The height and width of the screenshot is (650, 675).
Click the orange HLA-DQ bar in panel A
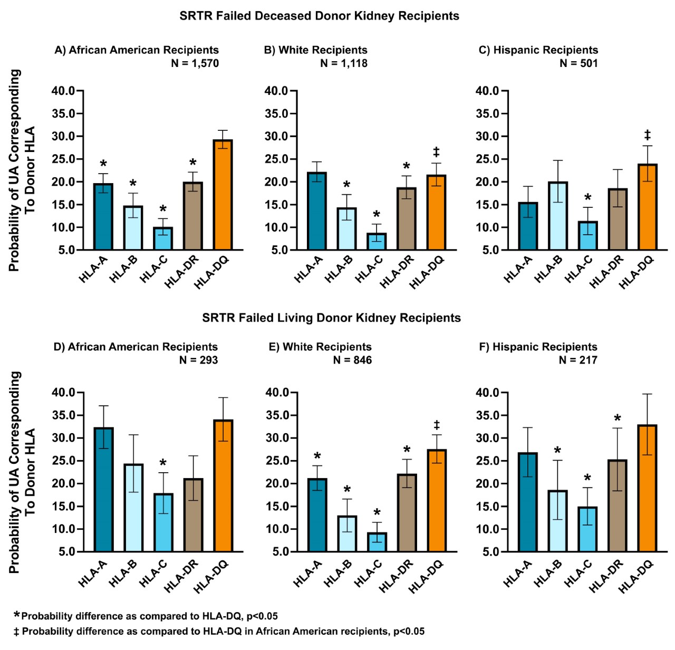coord(223,195)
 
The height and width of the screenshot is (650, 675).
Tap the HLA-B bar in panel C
coord(557,216)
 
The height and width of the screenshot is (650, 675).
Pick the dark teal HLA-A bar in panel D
coord(103,490)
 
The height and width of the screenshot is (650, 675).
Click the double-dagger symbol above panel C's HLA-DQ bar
coord(647,135)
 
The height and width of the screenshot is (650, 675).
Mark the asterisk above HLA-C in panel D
coord(163,464)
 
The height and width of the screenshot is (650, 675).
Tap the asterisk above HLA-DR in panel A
coord(193,163)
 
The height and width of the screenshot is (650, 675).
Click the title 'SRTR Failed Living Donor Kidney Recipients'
coord(331,318)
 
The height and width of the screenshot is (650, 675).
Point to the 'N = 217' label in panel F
coord(578,360)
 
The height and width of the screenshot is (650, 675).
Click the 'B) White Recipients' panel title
coord(315,50)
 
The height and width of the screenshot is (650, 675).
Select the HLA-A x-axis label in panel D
coord(93,573)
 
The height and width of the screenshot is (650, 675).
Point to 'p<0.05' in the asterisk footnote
coord(262,616)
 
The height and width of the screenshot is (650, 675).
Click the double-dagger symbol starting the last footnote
coord(16,632)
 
